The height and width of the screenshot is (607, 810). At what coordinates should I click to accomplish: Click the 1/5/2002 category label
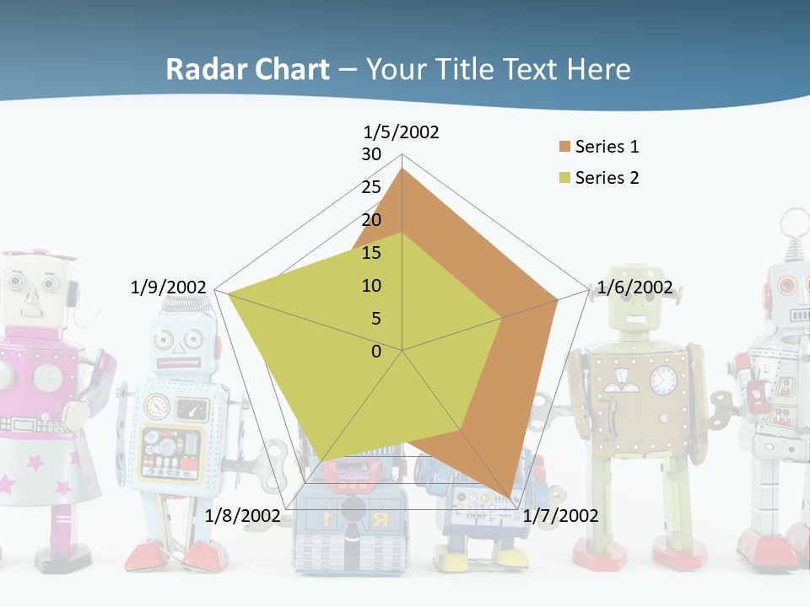pyautogui.click(x=401, y=132)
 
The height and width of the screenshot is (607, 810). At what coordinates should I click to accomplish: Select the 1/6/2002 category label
pyautogui.click(x=634, y=287)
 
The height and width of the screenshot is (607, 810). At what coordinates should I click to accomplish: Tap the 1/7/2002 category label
pyautogui.click(x=560, y=515)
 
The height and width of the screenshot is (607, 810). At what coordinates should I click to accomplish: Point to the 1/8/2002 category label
pyautogui.click(x=242, y=515)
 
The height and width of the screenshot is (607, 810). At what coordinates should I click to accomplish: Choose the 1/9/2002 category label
pyautogui.click(x=168, y=287)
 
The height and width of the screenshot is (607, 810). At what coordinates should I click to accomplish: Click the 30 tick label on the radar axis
pyautogui.click(x=371, y=154)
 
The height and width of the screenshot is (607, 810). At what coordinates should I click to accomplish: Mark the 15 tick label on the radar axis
pyautogui.click(x=371, y=253)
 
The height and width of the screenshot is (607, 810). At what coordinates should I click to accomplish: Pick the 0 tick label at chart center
pyautogui.click(x=376, y=352)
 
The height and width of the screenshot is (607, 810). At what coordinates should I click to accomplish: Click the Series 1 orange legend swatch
pyautogui.click(x=564, y=147)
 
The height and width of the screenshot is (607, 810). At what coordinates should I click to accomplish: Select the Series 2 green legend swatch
pyautogui.click(x=564, y=178)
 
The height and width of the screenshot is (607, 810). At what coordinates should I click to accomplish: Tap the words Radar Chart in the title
pyautogui.click(x=247, y=69)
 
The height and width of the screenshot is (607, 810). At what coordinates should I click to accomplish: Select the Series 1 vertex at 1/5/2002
pyautogui.click(x=402, y=169)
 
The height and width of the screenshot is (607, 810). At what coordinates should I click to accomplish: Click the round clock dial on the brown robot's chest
pyautogui.click(x=664, y=379)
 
